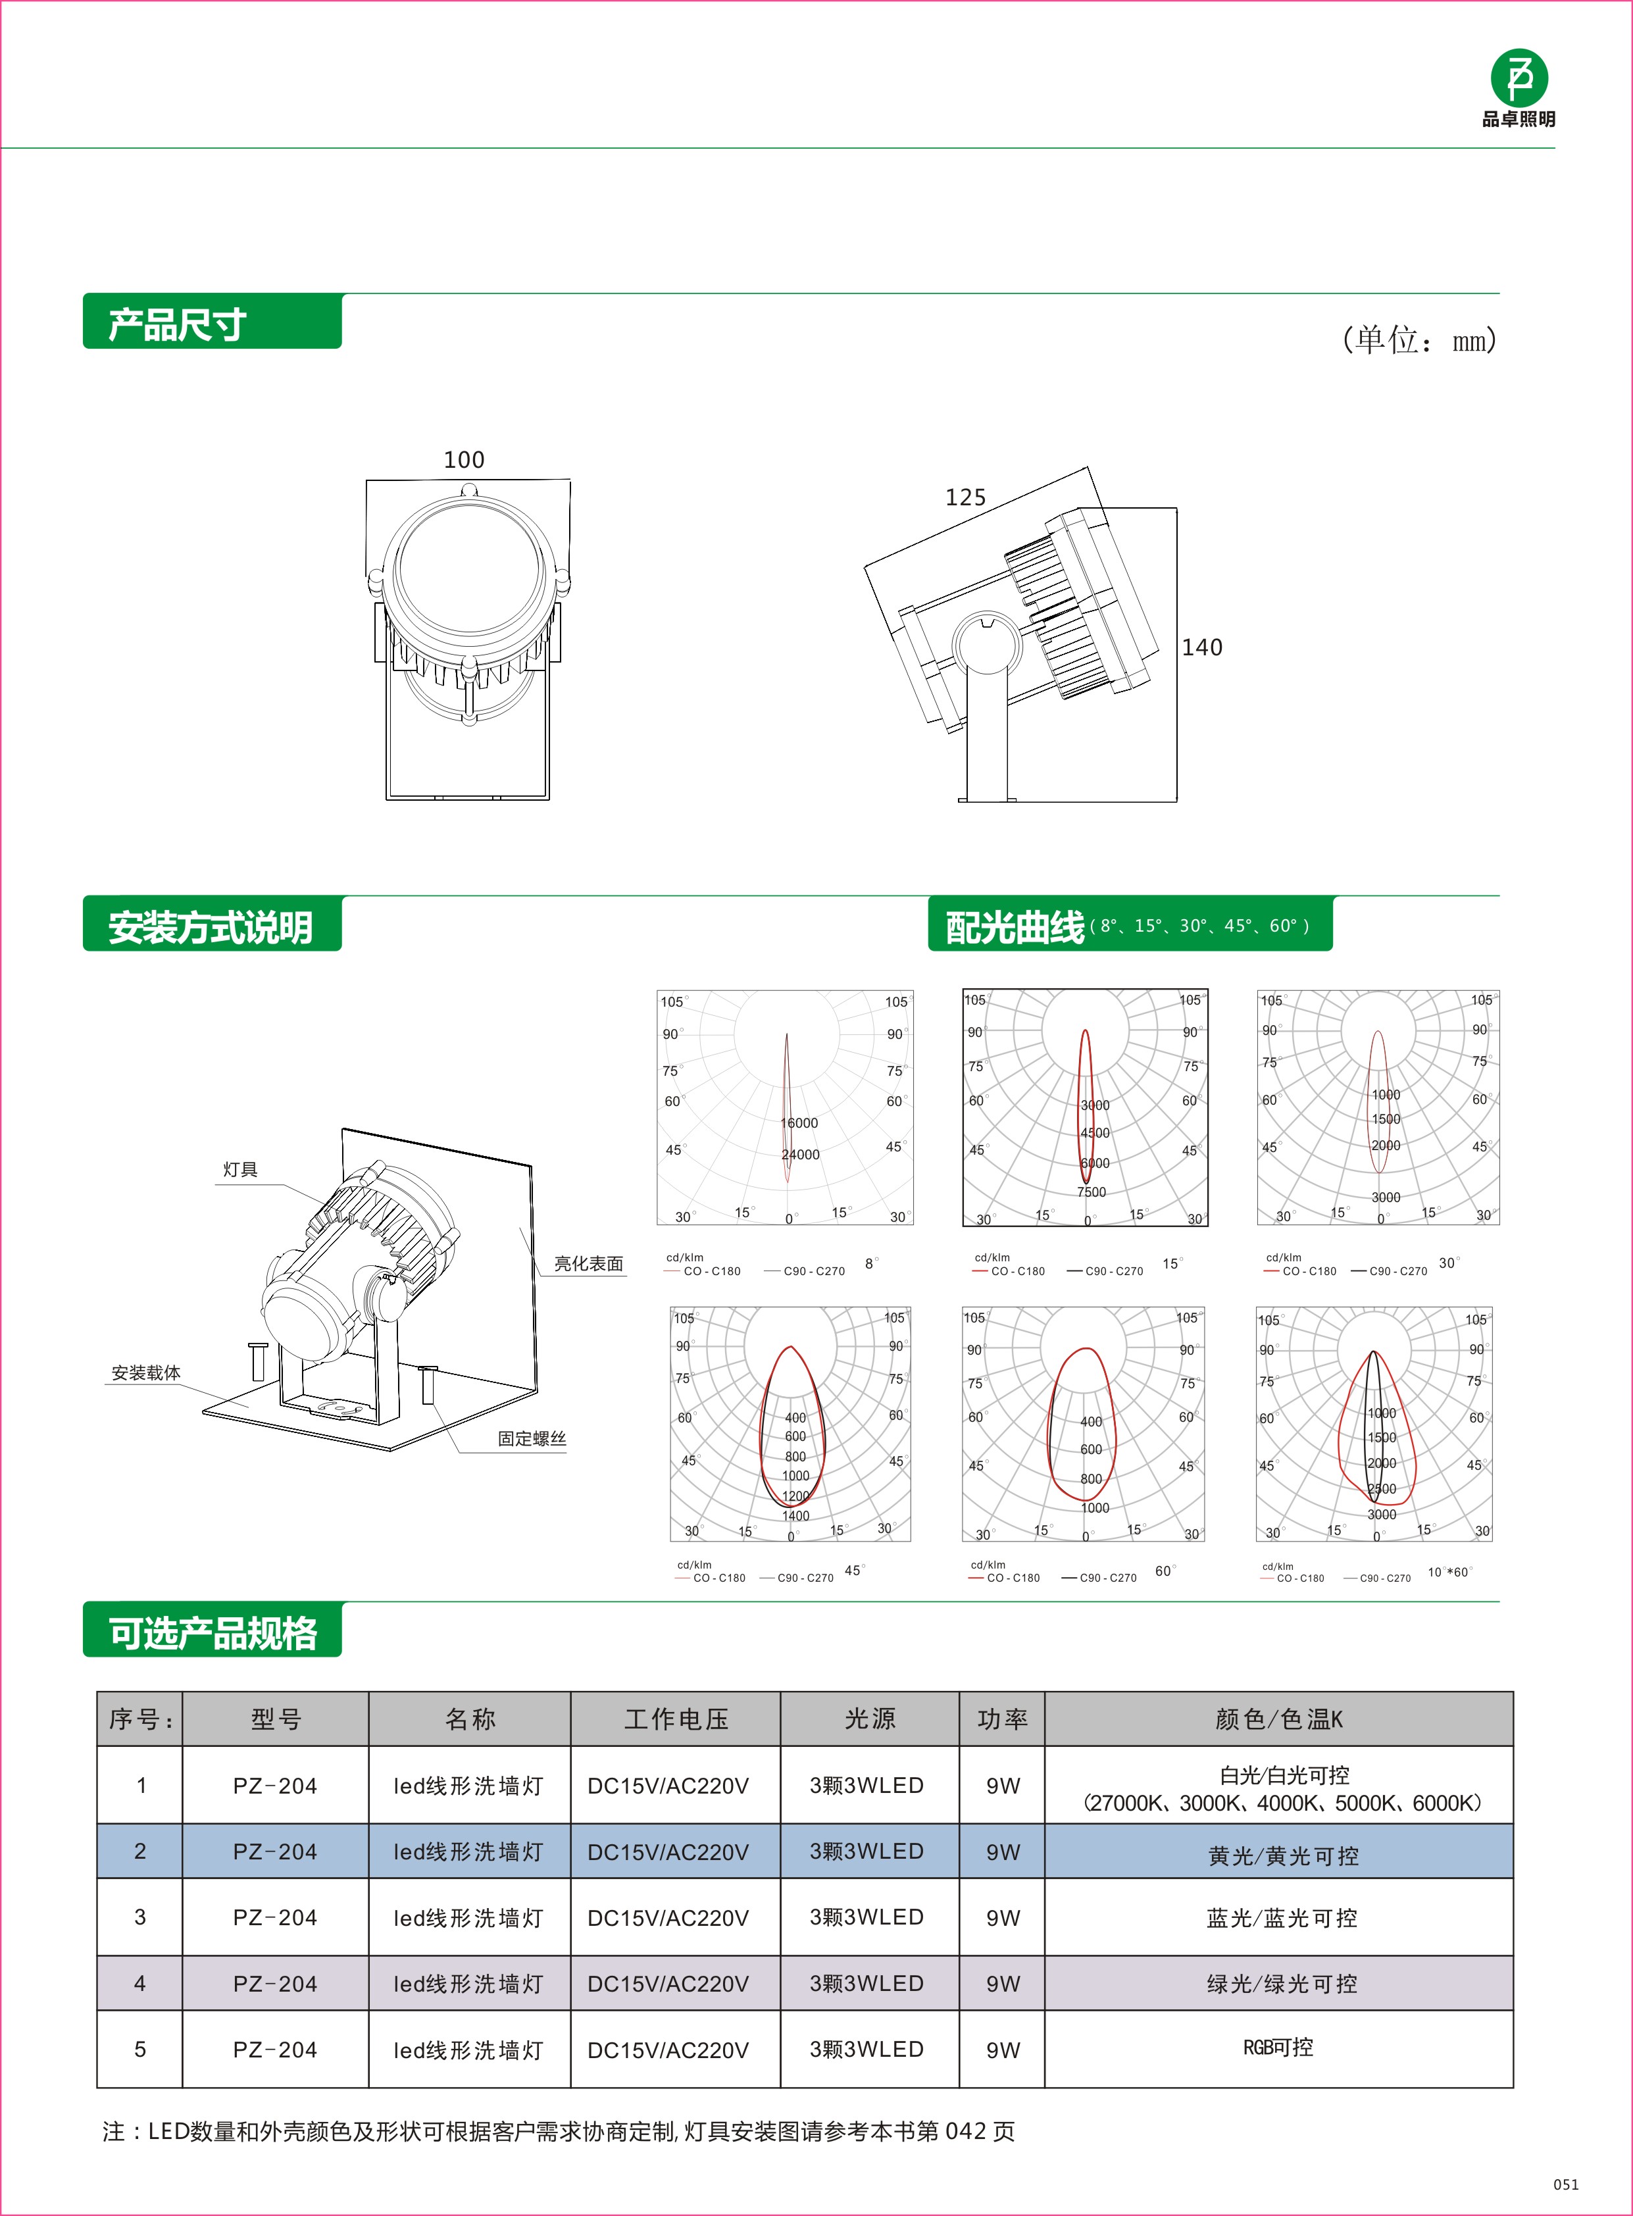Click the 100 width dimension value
[464, 460]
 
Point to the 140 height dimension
[1202, 647]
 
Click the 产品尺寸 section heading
[177, 324]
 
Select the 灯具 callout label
[240, 1169]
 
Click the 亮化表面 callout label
[588, 1263]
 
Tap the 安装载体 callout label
[145, 1373]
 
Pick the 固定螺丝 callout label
[532, 1438]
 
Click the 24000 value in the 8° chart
[799, 1155]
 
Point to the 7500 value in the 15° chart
[1092, 1192]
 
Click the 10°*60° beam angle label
[1449, 1572]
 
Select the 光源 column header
[869, 1719]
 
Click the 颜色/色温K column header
[1278, 1719]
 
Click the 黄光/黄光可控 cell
[1282, 1856]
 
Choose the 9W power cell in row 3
[1002, 1917]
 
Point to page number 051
[1566, 2184]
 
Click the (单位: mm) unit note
[1419, 340]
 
